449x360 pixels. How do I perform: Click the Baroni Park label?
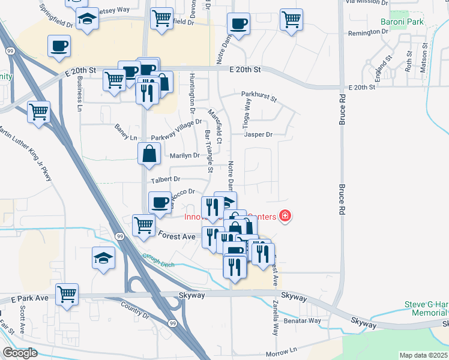(x=402, y=22)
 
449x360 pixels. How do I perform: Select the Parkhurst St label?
(x=259, y=95)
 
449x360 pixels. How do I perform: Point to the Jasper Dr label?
(x=258, y=134)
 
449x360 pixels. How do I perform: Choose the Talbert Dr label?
(x=166, y=179)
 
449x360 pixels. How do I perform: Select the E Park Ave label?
(x=29, y=298)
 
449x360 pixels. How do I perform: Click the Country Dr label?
(x=134, y=311)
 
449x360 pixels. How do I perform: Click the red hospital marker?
(x=285, y=215)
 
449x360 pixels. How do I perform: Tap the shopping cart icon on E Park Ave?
(x=67, y=294)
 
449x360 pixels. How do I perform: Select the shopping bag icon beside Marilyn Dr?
(x=149, y=154)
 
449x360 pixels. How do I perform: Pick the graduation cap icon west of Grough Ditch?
(x=103, y=259)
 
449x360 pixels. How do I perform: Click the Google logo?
(x=19, y=353)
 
